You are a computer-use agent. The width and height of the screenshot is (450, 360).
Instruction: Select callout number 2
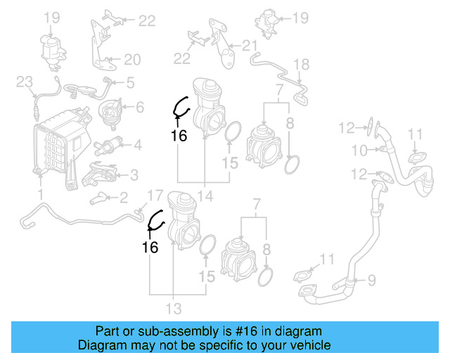[x=122, y=198]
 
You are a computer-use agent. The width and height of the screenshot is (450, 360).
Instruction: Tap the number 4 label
[x=138, y=146]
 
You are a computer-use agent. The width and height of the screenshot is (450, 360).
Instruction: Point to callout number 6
[x=139, y=107]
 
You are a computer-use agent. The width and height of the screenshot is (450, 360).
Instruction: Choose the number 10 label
[x=359, y=150]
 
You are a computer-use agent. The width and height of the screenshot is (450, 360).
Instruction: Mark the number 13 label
[x=173, y=308]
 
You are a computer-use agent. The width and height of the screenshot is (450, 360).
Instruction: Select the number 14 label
[x=204, y=196]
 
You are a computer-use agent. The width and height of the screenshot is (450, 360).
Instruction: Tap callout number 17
[x=154, y=195]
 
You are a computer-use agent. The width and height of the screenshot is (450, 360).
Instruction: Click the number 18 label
[x=300, y=65]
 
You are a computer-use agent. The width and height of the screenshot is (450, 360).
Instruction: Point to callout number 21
[x=250, y=46]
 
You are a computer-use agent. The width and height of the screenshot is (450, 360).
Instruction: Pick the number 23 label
[x=25, y=84]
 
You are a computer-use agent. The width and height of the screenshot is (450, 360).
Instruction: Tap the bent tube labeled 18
[x=281, y=76]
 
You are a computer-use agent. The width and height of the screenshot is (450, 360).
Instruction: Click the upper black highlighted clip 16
[x=181, y=108]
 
